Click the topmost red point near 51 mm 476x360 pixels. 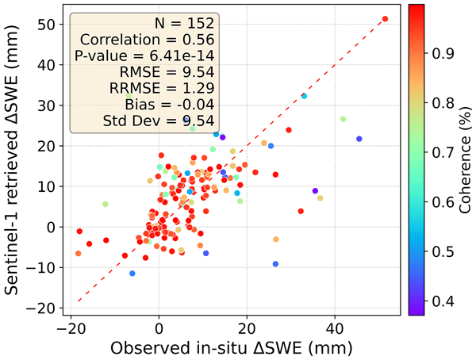click(x=385, y=19)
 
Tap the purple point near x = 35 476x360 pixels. click(x=315, y=191)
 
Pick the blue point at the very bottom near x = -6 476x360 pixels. click(x=132, y=274)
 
